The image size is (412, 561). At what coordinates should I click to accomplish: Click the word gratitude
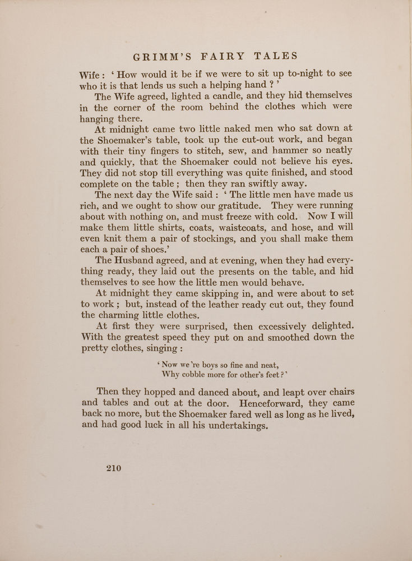point(227,205)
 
